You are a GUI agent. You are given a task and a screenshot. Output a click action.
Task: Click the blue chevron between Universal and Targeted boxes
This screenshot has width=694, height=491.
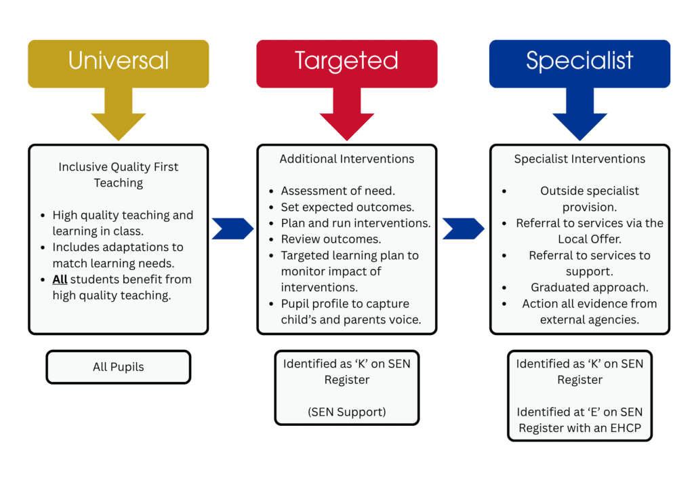(232, 229)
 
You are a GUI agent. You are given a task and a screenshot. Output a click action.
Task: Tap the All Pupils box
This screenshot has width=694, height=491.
(119, 367)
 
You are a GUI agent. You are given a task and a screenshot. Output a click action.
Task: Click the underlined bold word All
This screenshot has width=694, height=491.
(60, 279)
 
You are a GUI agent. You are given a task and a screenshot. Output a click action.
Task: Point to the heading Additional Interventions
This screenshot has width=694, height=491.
(346, 159)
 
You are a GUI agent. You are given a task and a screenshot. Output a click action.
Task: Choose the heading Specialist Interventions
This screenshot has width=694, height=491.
(579, 159)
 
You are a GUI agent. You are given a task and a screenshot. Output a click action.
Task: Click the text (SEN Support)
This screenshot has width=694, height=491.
(346, 412)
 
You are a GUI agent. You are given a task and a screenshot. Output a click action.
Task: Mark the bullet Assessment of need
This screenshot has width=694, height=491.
(338, 191)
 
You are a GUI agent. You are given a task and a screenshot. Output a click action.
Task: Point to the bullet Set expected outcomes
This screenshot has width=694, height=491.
(347, 208)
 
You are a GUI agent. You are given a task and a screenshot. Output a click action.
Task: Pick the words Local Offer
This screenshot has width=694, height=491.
(589, 239)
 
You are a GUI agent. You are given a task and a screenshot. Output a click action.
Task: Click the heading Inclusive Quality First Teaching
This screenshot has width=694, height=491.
(119, 174)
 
